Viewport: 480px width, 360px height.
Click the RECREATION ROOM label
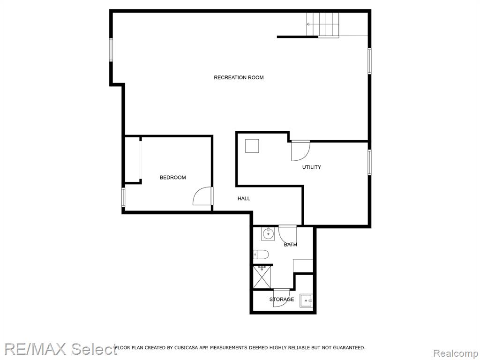pyautogui.click(x=239, y=77)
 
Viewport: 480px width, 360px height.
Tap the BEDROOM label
pyautogui.click(x=172, y=177)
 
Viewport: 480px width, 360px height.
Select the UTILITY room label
pyautogui.click(x=312, y=167)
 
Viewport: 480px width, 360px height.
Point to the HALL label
pyautogui.click(x=244, y=198)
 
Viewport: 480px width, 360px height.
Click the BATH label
pyautogui.click(x=290, y=244)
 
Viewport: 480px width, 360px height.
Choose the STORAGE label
pyautogui.click(x=282, y=299)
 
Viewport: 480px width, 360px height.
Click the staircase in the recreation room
pyautogui.click(x=322, y=24)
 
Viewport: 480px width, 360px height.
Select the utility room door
pyautogui.click(x=300, y=150)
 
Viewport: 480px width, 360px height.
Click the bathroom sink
pyautogui.click(x=268, y=234)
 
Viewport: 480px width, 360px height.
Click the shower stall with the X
pyautogui.click(x=262, y=277)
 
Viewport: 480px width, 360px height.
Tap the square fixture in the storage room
pyautogui.click(x=306, y=300)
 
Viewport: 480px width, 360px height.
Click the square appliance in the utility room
pyautogui.click(x=252, y=146)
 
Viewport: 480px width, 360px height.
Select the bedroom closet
pyautogui.click(x=133, y=159)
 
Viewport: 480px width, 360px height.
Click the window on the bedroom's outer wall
pyautogui.click(x=123, y=197)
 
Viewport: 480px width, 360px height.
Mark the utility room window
pyautogui.click(x=369, y=162)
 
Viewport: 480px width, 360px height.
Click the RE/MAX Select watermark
pyautogui.click(x=60, y=349)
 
